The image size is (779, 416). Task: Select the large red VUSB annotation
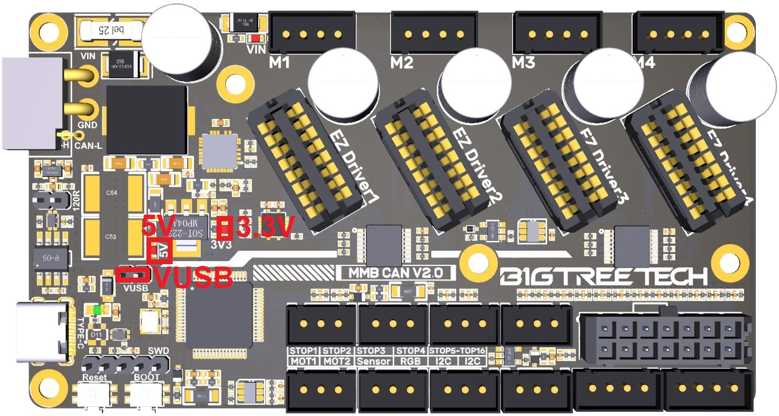[x=193, y=278]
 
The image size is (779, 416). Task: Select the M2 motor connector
[x=433, y=34]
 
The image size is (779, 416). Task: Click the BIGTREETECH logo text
[x=603, y=276]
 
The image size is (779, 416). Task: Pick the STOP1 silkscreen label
[x=303, y=351]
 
